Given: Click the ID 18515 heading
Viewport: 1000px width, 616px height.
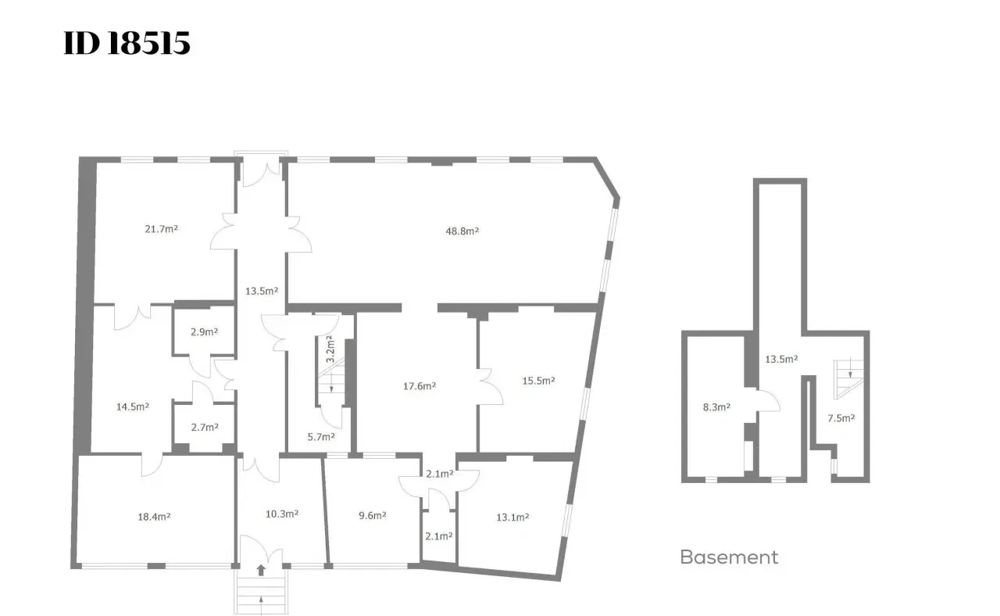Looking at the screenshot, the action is tap(127, 43).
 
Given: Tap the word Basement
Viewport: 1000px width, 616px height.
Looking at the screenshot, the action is tap(729, 557).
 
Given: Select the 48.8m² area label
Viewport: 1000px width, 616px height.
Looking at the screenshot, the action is tap(462, 231).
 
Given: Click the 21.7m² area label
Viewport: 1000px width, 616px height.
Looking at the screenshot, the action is tap(161, 229).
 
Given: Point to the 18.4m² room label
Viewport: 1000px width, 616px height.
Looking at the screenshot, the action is tap(154, 517).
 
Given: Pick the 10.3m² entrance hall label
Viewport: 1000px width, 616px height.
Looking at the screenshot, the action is tap(282, 514).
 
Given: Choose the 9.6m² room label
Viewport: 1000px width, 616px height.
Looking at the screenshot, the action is tap(373, 515).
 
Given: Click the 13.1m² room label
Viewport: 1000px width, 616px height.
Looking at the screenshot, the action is tap(512, 518).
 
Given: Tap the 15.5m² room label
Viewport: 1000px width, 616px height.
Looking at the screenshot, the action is tap(538, 381).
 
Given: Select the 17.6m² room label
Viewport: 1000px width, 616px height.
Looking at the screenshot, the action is tap(420, 386).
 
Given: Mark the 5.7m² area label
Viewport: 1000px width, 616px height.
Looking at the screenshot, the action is tap(321, 437).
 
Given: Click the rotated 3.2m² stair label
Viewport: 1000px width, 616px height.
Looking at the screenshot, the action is tap(330, 349).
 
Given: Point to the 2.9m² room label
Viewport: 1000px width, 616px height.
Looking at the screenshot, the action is tap(204, 332).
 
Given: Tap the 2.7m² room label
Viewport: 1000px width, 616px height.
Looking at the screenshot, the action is tap(205, 428).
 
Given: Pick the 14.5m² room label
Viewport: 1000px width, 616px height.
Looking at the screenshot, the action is tap(133, 407).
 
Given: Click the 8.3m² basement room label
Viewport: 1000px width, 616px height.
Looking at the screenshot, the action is tap(716, 407).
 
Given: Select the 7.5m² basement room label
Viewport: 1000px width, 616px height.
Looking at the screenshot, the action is tap(841, 418).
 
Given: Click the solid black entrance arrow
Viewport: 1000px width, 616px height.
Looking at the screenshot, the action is tap(261, 570).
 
